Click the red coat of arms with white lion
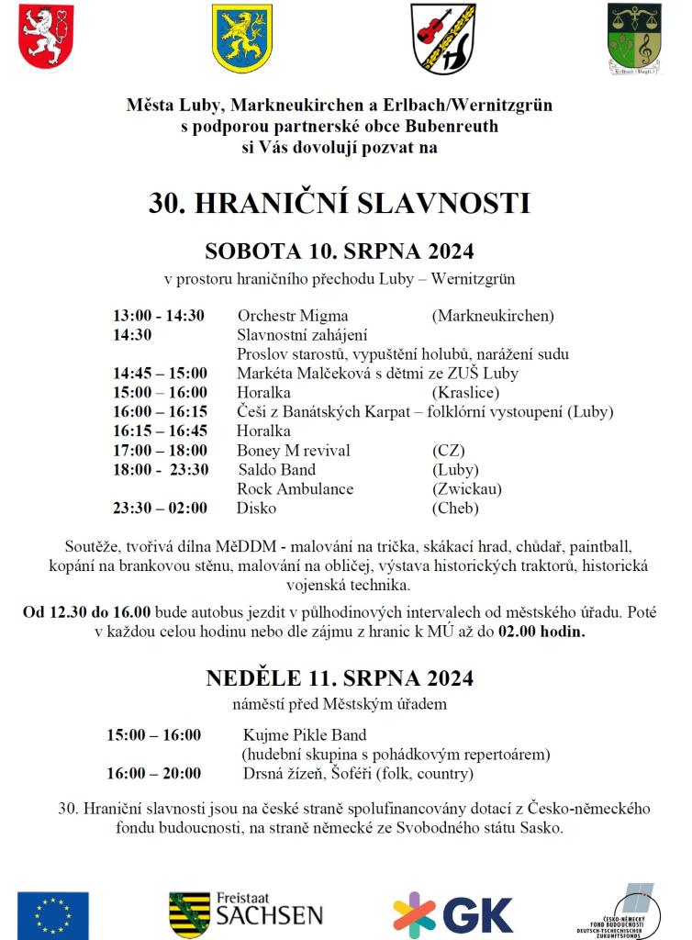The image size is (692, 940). click(46, 37)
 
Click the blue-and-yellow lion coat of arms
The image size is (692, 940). click(242, 38)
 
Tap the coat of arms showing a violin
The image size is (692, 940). click(443, 38)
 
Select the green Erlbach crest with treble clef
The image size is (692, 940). click(634, 38)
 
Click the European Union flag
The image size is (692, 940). click(53, 914)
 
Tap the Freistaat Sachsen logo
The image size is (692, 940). click(246, 914)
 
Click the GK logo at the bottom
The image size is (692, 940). click(452, 914)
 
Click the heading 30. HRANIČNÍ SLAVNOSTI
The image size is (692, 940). click(340, 203)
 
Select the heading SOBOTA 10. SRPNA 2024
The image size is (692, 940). click(340, 251)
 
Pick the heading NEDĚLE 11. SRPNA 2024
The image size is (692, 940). click(340, 678)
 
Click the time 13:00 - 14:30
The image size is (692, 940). click(159, 316)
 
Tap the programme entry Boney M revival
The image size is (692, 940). click(294, 451)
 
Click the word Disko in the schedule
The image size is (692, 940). click(257, 508)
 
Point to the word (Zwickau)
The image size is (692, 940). click(466, 489)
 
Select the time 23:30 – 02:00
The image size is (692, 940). click(161, 508)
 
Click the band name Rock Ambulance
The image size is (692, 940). click(296, 489)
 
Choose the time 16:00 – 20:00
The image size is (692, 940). click(154, 773)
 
